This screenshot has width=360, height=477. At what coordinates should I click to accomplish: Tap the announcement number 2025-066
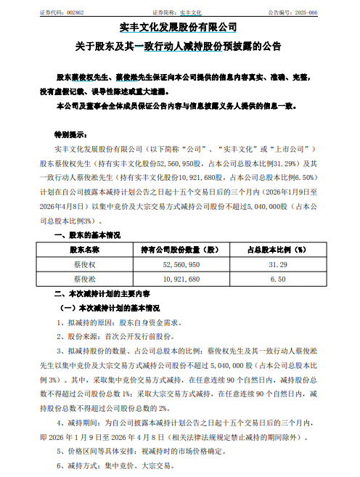click(329, 13)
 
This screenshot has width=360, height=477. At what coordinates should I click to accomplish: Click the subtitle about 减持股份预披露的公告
click(179, 46)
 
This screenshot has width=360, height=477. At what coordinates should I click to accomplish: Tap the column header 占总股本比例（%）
click(281, 249)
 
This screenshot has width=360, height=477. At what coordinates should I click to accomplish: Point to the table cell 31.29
click(281, 264)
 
